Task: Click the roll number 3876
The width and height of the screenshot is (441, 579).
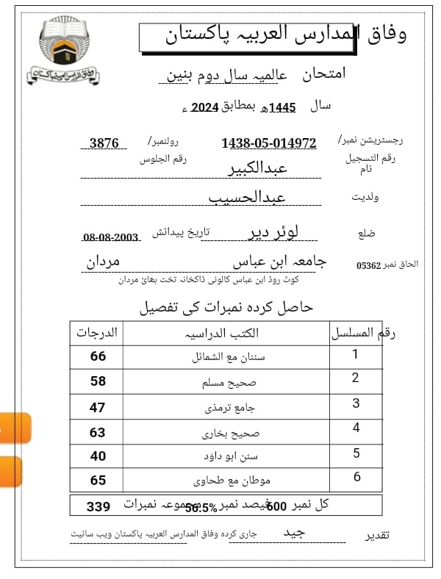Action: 104,143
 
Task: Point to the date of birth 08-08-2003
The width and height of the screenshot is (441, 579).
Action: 111,237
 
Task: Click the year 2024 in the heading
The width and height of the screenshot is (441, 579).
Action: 205,108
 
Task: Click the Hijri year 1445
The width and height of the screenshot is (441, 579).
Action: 282,108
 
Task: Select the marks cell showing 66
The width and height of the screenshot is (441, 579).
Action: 98,356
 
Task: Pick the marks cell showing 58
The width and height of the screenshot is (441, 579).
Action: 98,381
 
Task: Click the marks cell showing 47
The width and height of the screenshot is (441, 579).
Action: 98,408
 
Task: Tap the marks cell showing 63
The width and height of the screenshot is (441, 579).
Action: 98,433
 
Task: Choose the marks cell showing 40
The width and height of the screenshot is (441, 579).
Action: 98,456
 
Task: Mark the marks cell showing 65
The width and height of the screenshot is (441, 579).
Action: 98,481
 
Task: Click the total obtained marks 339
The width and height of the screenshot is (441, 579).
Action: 98,506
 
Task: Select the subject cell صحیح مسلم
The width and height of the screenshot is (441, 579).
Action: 226,383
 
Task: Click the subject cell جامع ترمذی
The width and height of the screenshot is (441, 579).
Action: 226,408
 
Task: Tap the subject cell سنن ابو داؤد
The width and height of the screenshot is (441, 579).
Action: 226,456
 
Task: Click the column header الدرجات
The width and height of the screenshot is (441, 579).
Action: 97,332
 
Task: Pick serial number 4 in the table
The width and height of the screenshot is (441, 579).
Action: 356,428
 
